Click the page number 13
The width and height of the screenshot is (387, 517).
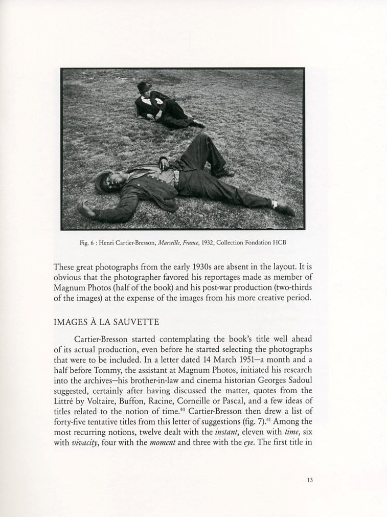tap(310, 480)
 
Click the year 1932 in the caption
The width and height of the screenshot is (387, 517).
tap(204, 243)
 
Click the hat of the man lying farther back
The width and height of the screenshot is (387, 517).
tap(144, 86)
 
